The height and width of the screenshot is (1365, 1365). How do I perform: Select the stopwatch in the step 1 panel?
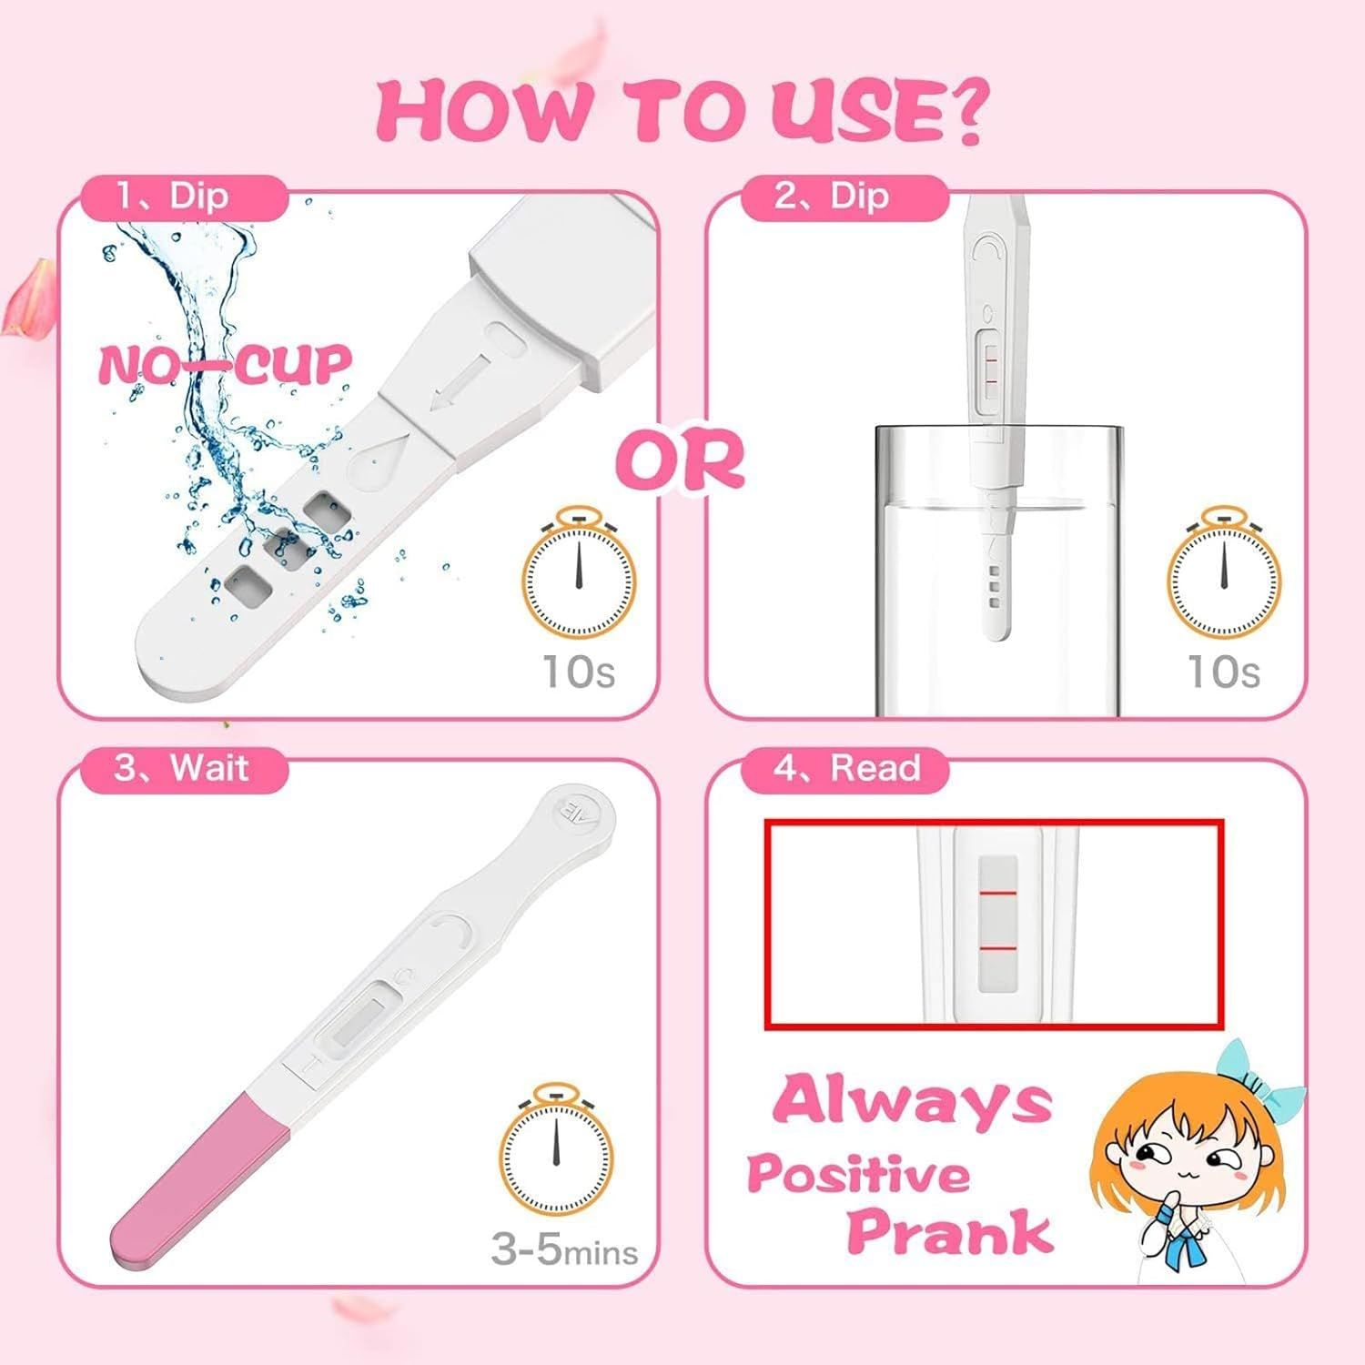(578, 574)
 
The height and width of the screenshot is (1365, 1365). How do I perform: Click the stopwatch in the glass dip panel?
(1224, 574)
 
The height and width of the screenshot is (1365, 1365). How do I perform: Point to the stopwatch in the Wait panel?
(556, 1150)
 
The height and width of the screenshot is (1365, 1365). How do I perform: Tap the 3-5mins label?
(564, 1249)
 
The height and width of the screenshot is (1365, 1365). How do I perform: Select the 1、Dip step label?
(173, 197)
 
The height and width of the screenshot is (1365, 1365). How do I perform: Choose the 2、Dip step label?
(832, 197)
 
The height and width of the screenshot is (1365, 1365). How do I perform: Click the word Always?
(913, 1101)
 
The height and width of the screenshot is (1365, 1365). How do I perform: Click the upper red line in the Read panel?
(997, 895)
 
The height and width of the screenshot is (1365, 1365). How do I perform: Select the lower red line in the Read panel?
(997, 948)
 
